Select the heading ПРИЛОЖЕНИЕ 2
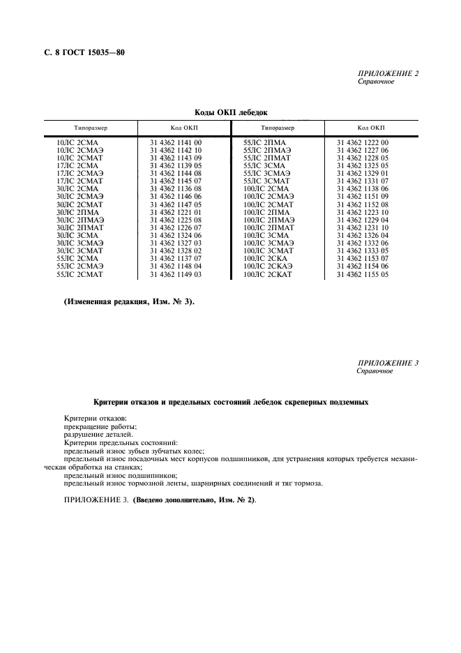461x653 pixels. click(388, 73)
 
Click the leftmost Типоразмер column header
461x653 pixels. click(91, 128)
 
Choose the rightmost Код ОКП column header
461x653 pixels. click(371, 128)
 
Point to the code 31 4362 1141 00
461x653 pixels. click(176, 142)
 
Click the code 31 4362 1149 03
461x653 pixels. click(176, 276)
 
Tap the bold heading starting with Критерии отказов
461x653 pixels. click(231, 403)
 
